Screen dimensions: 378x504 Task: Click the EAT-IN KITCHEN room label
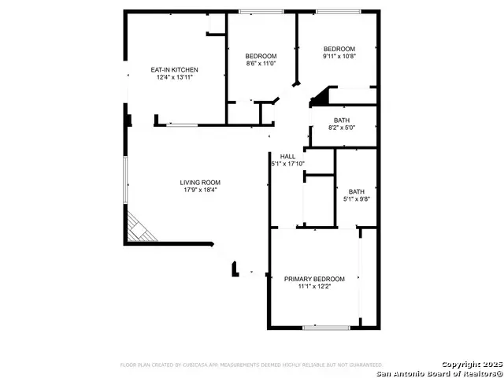[x=174, y=70]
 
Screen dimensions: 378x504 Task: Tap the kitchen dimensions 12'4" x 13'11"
[x=174, y=78]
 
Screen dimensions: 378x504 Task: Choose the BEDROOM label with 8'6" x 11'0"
[x=261, y=56]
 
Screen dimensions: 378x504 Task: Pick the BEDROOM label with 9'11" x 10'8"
[x=339, y=49]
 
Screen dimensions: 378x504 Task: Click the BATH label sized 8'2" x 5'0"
[x=342, y=120]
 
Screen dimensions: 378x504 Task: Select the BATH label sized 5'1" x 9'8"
[x=357, y=191]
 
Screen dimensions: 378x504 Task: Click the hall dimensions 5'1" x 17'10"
[x=287, y=165]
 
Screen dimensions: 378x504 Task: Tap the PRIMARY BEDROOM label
[x=315, y=279]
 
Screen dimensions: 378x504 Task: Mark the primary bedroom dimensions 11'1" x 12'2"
[x=315, y=287]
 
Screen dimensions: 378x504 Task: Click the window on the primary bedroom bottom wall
[x=325, y=327]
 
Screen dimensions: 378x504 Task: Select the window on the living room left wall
[x=124, y=180]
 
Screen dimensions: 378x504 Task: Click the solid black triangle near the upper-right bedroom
[x=320, y=98]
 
